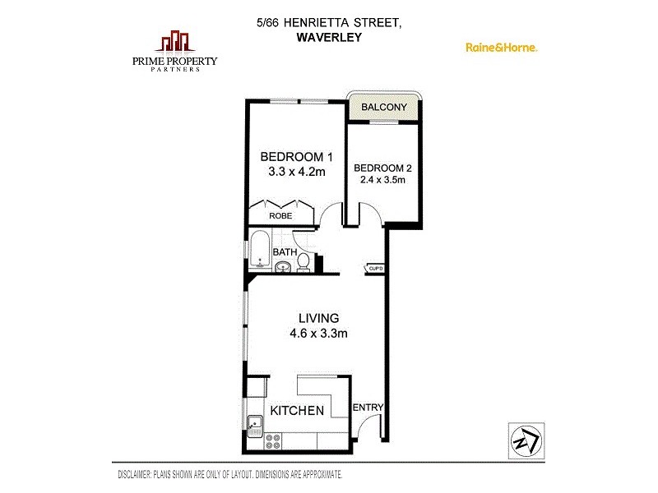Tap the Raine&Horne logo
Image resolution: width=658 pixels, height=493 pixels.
pyautogui.click(x=502, y=48)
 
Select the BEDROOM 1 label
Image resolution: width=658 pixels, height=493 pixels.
pyautogui.click(x=296, y=157)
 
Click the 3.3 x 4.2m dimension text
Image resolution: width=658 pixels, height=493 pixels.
pyautogui.click(x=297, y=173)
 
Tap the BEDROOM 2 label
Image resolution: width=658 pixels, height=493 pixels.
pyautogui.click(x=382, y=168)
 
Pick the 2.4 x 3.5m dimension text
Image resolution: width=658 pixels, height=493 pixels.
pyautogui.click(x=382, y=181)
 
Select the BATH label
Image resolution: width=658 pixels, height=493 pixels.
pyautogui.click(x=285, y=251)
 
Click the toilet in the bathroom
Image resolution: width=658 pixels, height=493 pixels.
pyautogui.click(x=303, y=262)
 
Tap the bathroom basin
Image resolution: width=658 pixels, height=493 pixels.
pyautogui.click(x=282, y=265)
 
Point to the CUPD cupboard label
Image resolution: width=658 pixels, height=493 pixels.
pyautogui.click(x=375, y=268)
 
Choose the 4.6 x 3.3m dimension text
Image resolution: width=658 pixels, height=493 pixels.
pyautogui.click(x=318, y=334)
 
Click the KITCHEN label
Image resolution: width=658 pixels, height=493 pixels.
pyautogui.click(x=297, y=410)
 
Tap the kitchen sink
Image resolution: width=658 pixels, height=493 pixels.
pyautogui.click(x=256, y=426)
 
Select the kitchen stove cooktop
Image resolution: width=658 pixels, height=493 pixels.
pyautogui.click(x=271, y=444)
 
